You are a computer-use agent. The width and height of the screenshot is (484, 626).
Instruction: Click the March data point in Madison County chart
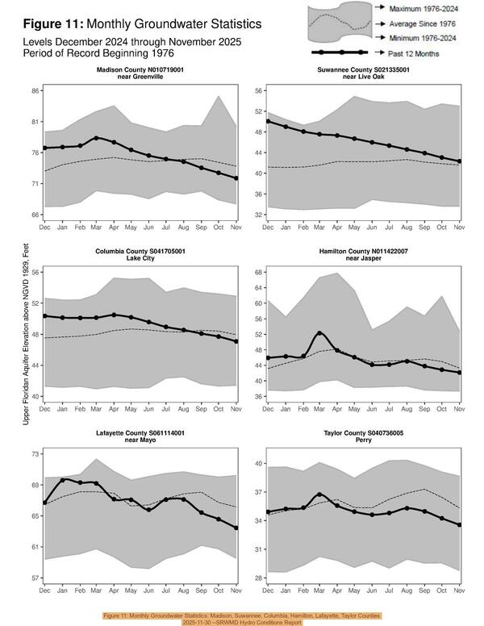pos(97,138)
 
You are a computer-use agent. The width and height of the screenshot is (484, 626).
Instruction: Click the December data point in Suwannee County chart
pos(268,121)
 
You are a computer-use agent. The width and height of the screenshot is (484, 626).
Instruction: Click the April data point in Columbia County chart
pos(114,315)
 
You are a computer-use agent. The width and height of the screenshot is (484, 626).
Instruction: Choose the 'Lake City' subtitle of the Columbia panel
pos(140,261)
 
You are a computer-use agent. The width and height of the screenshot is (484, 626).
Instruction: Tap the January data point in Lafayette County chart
pos(62,480)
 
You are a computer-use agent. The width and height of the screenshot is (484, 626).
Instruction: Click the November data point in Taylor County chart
pos(459,525)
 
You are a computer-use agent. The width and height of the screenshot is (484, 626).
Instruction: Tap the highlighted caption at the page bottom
pos(241,618)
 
